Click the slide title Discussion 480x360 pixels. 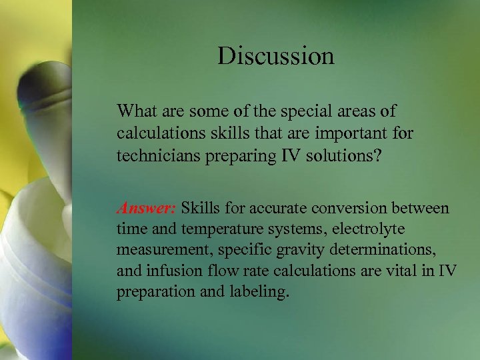pyautogui.click(x=275, y=56)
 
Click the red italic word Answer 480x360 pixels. pyautogui.click(x=146, y=208)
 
